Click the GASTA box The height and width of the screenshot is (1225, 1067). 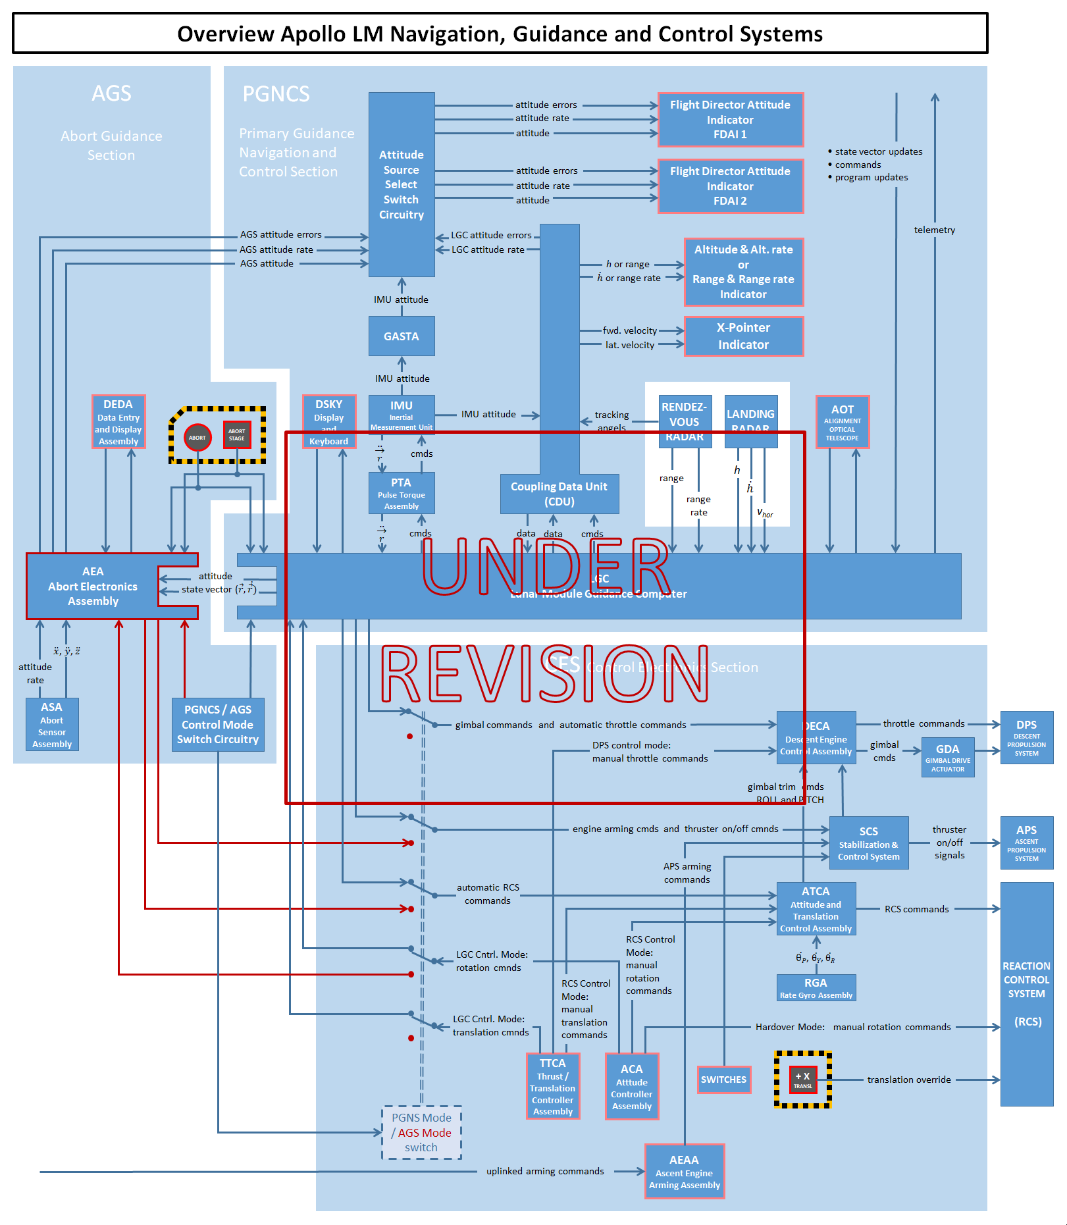[402, 336]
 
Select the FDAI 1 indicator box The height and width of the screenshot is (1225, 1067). [730, 119]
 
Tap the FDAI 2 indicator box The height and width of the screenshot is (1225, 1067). [730, 186]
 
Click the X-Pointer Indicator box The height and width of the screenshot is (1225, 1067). [743, 336]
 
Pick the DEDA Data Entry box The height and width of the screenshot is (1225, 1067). [118, 421]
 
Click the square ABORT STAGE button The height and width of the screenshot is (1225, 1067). [237, 434]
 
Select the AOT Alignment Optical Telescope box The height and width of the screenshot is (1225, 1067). [843, 422]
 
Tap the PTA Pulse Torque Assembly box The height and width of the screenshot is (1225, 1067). [402, 493]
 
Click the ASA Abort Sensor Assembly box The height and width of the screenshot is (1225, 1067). [52, 724]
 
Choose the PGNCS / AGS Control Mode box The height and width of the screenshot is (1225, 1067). [218, 724]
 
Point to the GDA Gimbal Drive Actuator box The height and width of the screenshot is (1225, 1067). [948, 757]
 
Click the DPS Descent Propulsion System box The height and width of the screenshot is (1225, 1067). [1026, 737]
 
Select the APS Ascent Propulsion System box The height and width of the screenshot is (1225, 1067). [1026, 843]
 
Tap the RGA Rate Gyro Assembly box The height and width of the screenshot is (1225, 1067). [816, 987]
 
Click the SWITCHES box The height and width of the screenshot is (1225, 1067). [723, 1080]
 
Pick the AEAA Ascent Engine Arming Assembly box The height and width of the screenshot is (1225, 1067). [685, 1172]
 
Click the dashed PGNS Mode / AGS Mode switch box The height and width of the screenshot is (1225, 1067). [421, 1132]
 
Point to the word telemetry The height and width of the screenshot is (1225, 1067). [934, 230]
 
